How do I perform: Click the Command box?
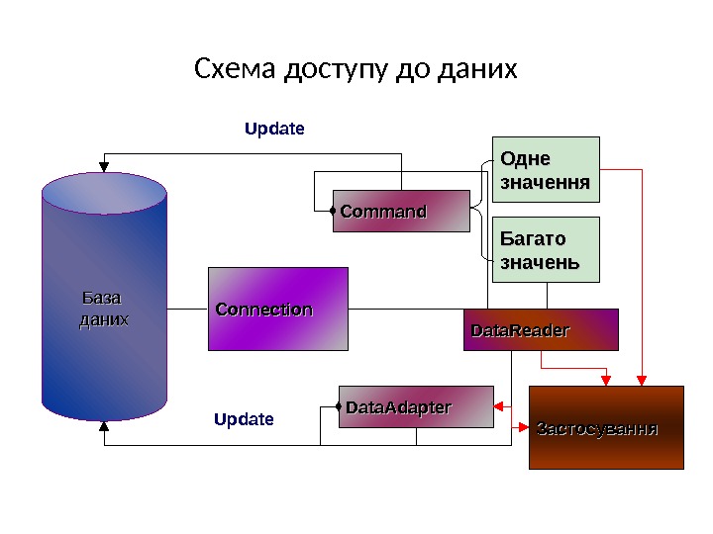coord(401,211)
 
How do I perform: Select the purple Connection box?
coord(278,309)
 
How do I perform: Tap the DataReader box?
coord(541,330)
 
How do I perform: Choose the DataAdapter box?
coord(416,407)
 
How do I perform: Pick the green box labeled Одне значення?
coord(547,169)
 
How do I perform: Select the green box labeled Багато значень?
coord(547,249)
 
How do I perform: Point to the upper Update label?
coord(274,129)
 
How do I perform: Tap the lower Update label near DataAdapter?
coord(244,419)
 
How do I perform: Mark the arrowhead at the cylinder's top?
coord(104,161)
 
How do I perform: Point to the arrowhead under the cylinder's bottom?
coord(104,428)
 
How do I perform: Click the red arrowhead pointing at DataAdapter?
coord(499,406)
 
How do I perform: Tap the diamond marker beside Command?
coord(334,211)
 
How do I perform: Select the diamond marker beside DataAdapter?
coord(340,406)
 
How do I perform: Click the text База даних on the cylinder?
coord(104,309)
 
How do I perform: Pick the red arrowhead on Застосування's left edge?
coord(525,427)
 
